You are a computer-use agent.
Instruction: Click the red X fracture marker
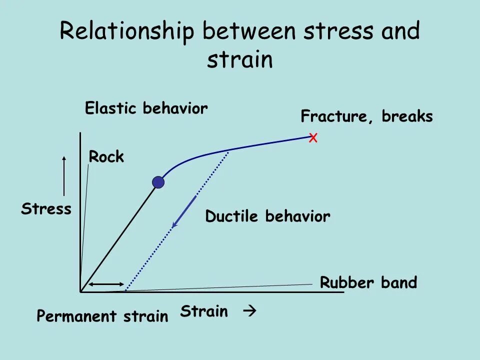coord(313,138)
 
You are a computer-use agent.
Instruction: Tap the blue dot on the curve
coord(158,182)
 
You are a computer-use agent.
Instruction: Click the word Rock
coord(106,157)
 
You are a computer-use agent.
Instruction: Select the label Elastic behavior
coord(146,108)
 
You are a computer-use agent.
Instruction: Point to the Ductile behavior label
coord(267,216)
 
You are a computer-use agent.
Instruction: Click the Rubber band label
coord(368,283)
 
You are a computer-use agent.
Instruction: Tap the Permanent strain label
coord(102,316)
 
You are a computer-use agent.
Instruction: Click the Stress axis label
coord(46,209)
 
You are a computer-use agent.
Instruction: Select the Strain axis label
coord(204,312)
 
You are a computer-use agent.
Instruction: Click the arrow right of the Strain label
coord(249,311)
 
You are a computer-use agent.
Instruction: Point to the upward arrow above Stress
coord(64,175)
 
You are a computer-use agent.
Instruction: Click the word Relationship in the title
coord(127,31)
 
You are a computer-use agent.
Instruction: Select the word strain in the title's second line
coord(240,59)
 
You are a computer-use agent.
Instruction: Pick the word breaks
coord(407,116)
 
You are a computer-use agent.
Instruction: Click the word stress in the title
coord(338,31)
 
